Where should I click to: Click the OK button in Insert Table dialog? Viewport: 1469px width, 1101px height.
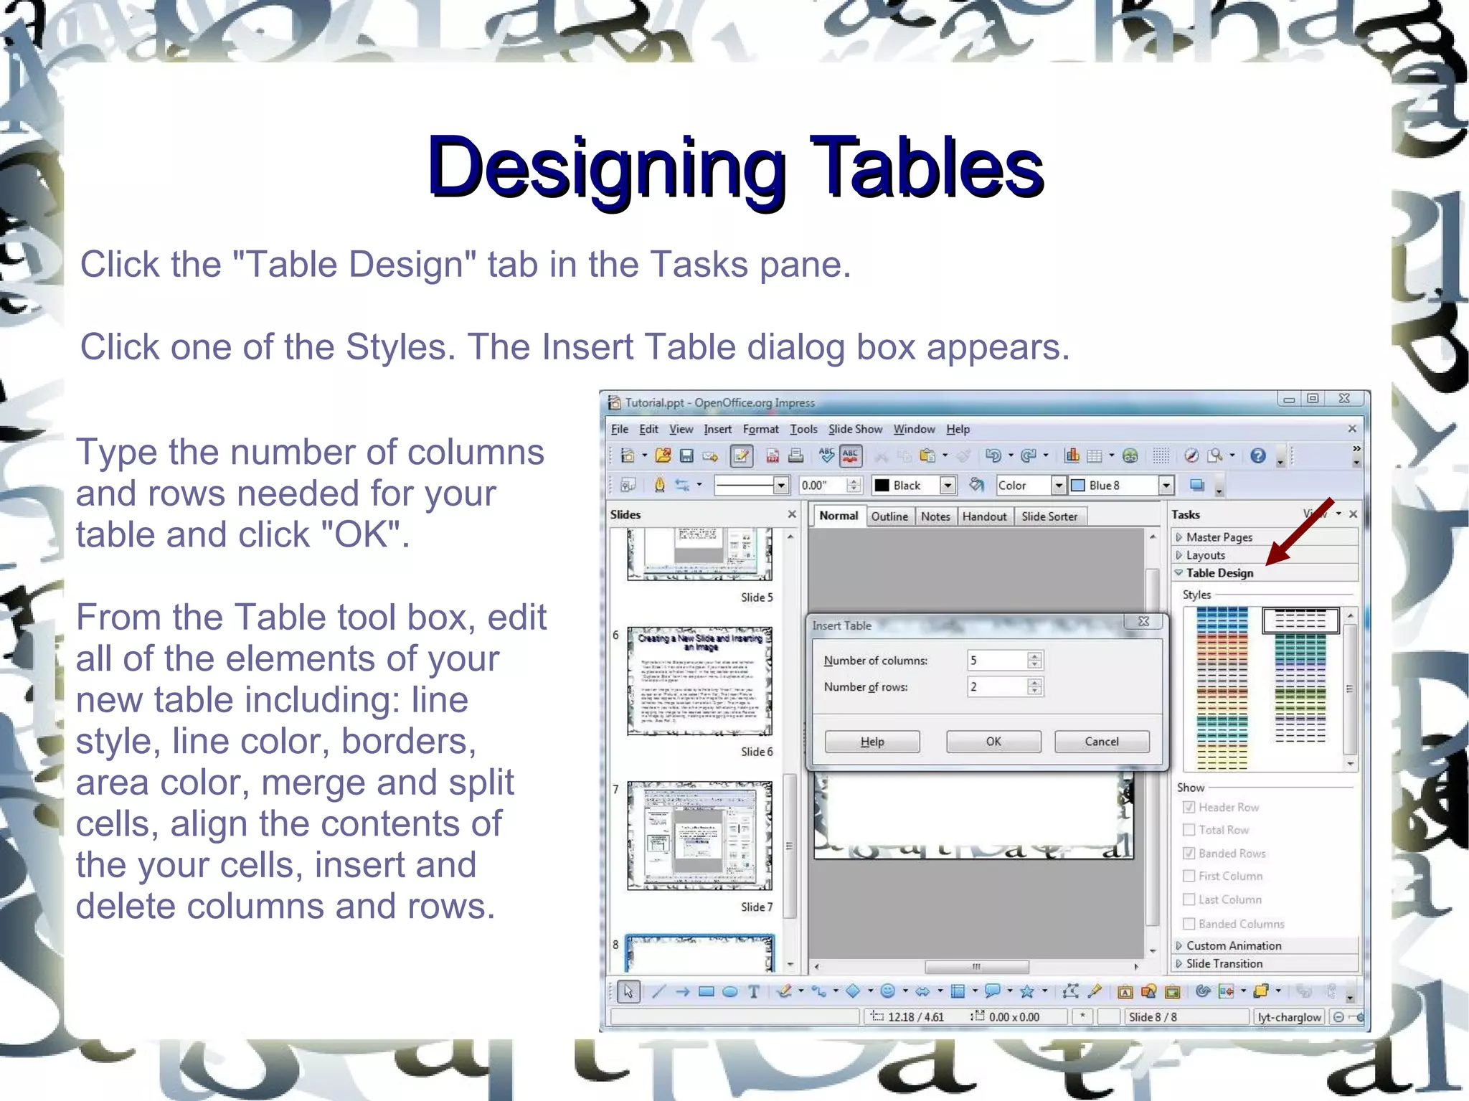[993, 742]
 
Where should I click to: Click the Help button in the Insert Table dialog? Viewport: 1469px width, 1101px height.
[872, 742]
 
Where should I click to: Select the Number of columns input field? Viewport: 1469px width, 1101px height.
[997, 660]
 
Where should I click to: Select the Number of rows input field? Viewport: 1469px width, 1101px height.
[997, 686]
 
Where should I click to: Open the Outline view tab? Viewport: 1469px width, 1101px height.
[889, 516]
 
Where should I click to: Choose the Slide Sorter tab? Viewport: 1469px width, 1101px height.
[1049, 516]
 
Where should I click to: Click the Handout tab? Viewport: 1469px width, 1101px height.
[984, 516]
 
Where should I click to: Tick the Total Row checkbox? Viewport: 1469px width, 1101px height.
[1189, 830]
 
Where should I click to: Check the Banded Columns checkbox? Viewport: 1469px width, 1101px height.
[1189, 924]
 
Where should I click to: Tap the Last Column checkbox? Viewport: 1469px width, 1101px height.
[1189, 899]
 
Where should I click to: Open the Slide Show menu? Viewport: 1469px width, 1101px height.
[855, 429]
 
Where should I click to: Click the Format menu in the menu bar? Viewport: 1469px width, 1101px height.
[760, 429]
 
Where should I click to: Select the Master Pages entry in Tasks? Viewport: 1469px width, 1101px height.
[1219, 537]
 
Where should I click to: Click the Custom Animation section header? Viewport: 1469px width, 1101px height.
[1233, 945]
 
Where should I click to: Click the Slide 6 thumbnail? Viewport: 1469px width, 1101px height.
[699, 681]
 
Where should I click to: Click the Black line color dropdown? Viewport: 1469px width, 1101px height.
[948, 486]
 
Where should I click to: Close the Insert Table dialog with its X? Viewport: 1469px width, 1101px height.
[1144, 621]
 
